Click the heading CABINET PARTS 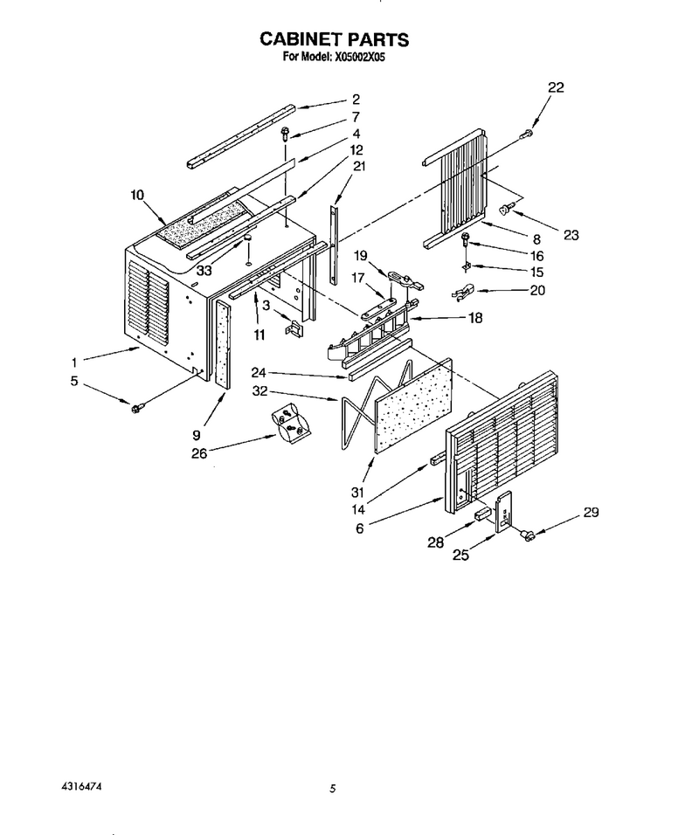[x=334, y=39]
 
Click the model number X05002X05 [x=359, y=57]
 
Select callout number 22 [x=556, y=86]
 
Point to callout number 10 [x=137, y=195]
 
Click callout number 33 [x=204, y=270]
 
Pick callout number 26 [x=199, y=454]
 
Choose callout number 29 [x=591, y=512]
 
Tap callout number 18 [x=475, y=318]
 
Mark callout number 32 [x=260, y=391]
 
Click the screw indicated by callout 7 [x=286, y=133]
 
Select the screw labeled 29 [x=528, y=535]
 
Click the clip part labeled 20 [x=461, y=292]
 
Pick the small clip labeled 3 [x=294, y=328]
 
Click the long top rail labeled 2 [x=241, y=135]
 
